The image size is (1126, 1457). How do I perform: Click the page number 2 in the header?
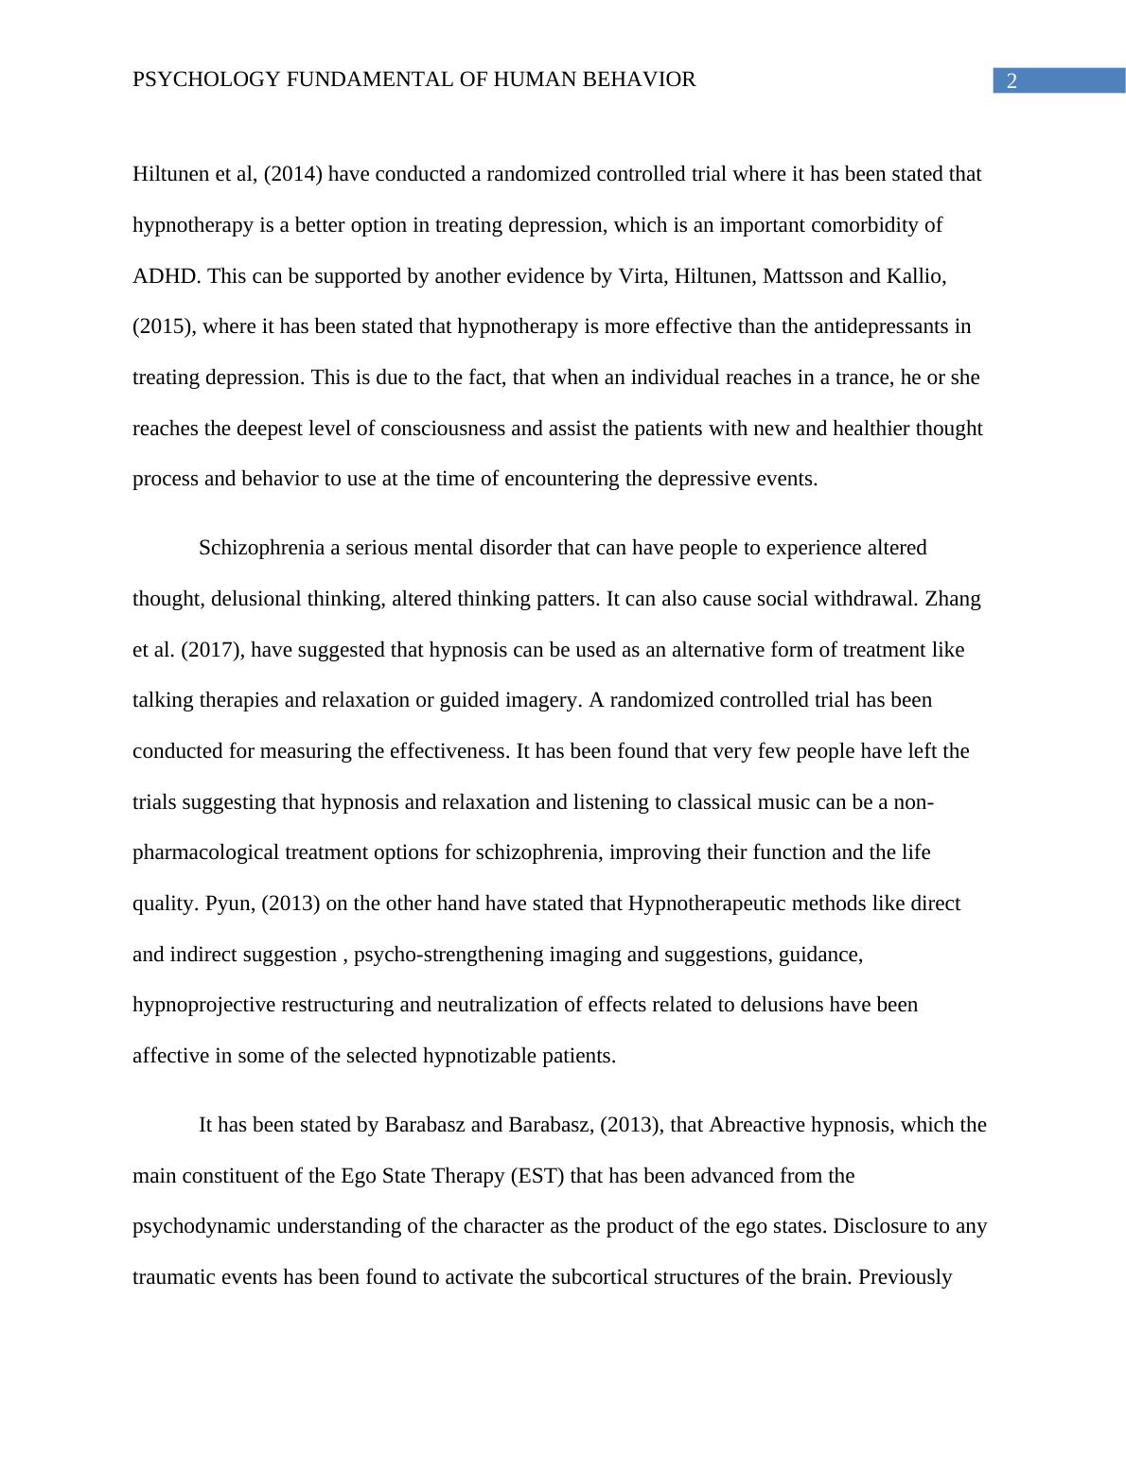(x=1012, y=81)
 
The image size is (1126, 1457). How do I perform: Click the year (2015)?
(x=163, y=326)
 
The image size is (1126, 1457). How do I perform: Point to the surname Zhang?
(x=952, y=599)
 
